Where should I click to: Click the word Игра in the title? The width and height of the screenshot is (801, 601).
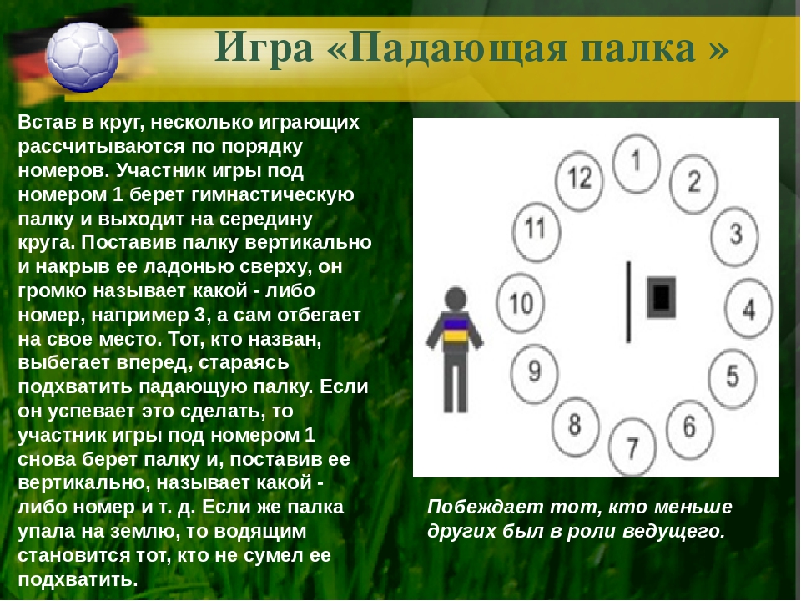264,48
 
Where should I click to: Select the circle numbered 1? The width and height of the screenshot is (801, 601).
636,164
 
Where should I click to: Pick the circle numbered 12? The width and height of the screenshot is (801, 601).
579,180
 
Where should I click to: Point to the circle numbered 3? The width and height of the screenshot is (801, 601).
735,236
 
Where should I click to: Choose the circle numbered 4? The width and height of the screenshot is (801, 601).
748,308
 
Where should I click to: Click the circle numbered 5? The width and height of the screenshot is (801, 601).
733,378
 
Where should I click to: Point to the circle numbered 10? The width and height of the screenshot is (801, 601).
521,303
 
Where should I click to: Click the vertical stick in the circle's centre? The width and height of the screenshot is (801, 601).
628,301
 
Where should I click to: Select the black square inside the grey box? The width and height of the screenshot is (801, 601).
661,297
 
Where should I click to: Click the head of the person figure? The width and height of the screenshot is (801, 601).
456,299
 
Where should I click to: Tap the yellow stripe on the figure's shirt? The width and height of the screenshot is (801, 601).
454,336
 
